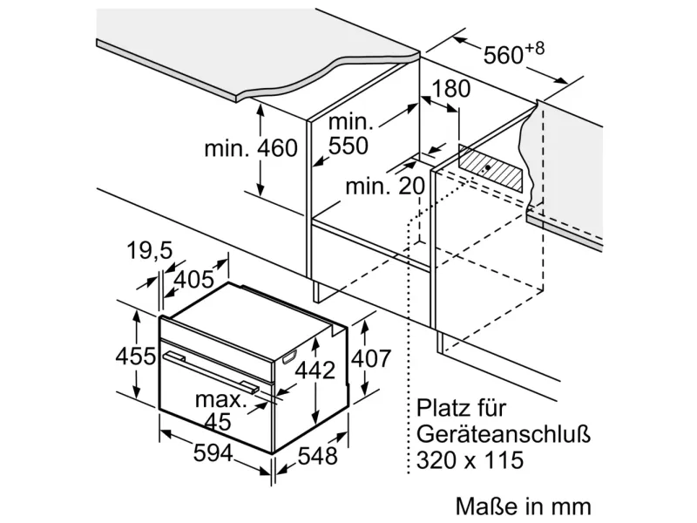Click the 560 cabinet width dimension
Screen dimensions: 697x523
coord(513,54)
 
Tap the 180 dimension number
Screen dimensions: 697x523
coord(450,89)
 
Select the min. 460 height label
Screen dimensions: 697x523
coord(251,148)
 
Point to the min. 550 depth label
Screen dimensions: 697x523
coord(349,133)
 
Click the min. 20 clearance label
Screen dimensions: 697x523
coord(385,186)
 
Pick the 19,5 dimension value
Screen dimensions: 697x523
coord(149,250)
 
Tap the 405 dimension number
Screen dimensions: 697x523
coord(193,279)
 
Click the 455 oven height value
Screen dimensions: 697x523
coord(136,356)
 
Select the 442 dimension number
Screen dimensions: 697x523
coord(315,370)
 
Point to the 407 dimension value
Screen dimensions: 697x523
coord(371,358)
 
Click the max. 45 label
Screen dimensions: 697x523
coord(220,410)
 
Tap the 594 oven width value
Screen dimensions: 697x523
coord(213,453)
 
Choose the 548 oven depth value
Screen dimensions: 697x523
coord(317,456)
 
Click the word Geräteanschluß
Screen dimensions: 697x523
coord(504,434)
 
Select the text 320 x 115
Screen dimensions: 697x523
coord(470,459)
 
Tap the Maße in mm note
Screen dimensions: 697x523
coord(524,506)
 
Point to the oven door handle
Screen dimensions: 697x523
coord(211,372)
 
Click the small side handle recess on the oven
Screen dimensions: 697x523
coord(289,357)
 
